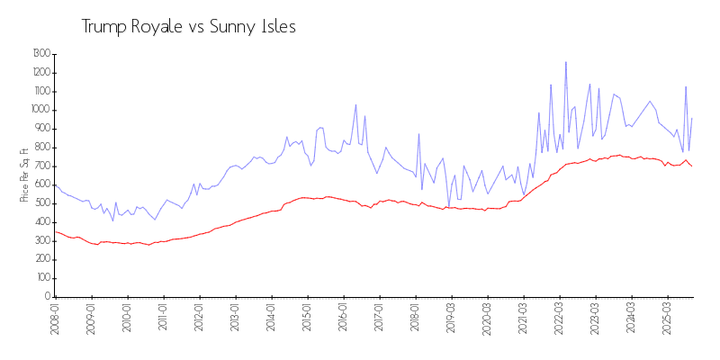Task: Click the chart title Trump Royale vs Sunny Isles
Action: coord(188,27)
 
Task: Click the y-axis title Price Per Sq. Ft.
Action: coord(24,175)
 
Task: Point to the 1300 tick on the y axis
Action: coord(41,54)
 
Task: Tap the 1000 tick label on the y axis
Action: coord(41,110)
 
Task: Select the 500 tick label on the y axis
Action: coord(42,203)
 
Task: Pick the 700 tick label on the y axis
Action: coord(42,166)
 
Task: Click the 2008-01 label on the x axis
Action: coord(55,319)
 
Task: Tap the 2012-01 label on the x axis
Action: coord(199,319)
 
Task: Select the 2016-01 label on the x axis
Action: coord(343,319)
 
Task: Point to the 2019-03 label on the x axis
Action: coord(451,319)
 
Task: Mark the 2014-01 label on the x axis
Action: coord(271,319)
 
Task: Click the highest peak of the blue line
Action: coord(565,62)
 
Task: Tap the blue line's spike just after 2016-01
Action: coord(355,104)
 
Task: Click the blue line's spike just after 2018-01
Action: coord(418,134)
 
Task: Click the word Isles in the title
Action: coord(277,27)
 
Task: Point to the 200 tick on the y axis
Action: coord(42,259)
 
